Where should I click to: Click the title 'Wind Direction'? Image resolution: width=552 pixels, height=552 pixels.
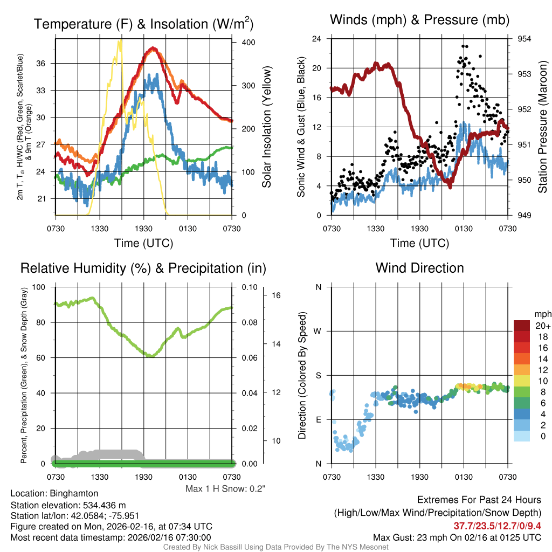click(419, 268)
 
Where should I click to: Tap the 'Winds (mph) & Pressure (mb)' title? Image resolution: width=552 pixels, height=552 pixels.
click(419, 20)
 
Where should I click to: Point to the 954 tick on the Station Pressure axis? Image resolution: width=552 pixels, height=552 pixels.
click(525, 39)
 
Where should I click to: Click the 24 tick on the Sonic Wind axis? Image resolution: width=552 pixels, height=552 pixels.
click(317, 39)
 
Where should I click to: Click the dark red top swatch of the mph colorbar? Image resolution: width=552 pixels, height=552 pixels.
click(522, 325)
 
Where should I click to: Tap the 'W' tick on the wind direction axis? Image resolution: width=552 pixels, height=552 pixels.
click(318, 331)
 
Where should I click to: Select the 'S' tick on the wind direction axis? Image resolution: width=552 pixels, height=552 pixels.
click(318, 375)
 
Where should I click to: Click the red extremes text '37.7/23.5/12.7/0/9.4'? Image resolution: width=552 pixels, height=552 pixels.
click(496, 526)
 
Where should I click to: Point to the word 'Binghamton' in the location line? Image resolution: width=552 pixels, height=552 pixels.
click(74, 493)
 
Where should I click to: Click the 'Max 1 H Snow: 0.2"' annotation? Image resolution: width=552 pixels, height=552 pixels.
click(225, 489)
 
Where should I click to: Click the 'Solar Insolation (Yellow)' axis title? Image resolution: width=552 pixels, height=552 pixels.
click(266, 127)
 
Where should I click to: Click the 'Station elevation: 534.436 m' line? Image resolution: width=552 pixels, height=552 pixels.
click(68, 505)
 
